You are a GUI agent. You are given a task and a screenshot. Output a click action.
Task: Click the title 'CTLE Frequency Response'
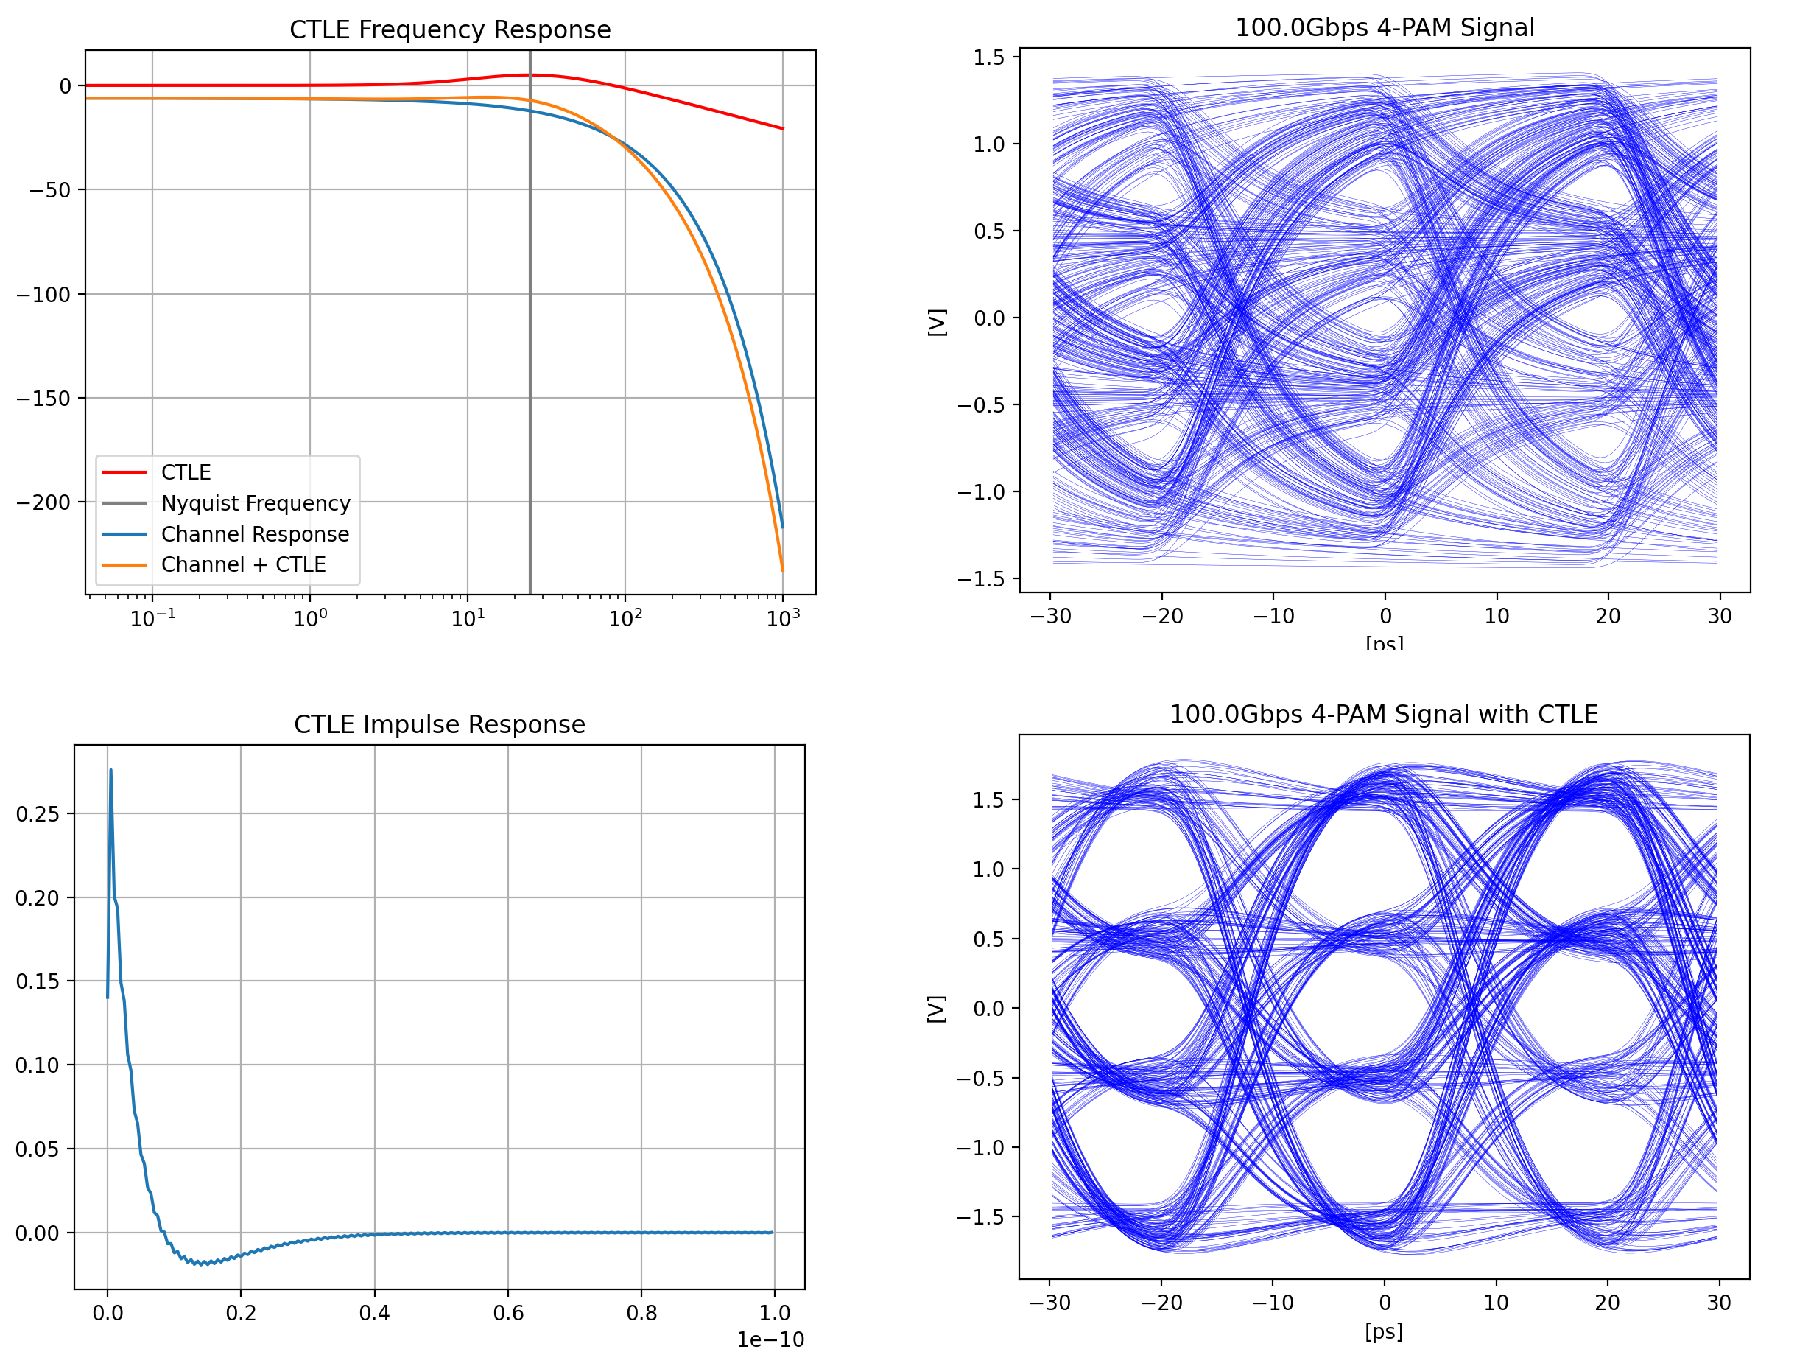pyautogui.click(x=449, y=30)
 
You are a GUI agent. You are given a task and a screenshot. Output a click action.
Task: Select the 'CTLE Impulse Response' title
pyautogui.click(x=439, y=724)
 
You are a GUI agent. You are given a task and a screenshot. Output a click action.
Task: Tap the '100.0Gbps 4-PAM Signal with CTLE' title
pyautogui.click(x=1383, y=715)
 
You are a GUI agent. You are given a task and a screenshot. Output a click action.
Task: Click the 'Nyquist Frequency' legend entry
pyautogui.click(x=256, y=503)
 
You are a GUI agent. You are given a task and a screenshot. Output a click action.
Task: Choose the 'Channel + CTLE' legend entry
pyautogui.click(x=243, y=564)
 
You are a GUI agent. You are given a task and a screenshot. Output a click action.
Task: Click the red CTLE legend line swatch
pyautogui.click(x=124, y=472)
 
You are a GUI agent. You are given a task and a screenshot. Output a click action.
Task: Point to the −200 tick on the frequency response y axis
pyautogui.click(x=44, y=502)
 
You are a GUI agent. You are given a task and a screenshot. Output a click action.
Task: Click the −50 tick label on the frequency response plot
pyautogui.click(x=50, y=190)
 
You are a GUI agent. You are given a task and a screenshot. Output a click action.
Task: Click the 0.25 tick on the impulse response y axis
pyautogui.click(x=38, y=814)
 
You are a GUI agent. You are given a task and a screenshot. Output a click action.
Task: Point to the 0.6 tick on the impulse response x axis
pyautogui.click(x=508, y=1313)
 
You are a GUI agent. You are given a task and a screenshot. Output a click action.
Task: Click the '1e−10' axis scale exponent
pyautogui.click(x=770, y=1340)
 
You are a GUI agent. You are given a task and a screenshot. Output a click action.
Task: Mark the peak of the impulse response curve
pyautogui.click(x=110, y=770)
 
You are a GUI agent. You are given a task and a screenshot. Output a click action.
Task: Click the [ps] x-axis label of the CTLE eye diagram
pyautogui.click(x=1383, y=1332)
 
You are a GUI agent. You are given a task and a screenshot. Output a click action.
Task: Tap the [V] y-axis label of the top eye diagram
pyautogui.click(x=937, y=322)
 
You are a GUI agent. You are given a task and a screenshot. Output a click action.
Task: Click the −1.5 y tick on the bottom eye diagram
pyautogui.click(x=980, y=1217)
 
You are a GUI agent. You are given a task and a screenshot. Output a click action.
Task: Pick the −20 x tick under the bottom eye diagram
pyautogui.click(x=1161, y=1303)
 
